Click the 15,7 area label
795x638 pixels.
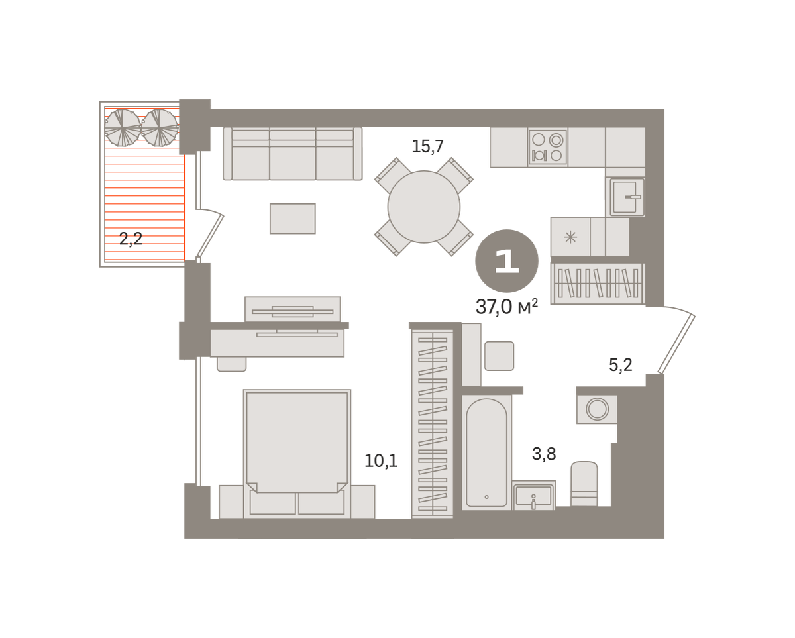pyautogui.click(x=427, y=146)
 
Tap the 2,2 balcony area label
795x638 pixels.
pyautogui.click(x=131, y=239)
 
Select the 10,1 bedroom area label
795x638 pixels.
pyautogui.click(x=381, y=461)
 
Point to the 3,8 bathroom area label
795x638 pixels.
pyautogui.click(x=544, y=454)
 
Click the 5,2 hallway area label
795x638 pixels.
pyautogui.click(x=621, y=365)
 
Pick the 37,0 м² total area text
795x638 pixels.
pyautogui.click(x=506, y=307)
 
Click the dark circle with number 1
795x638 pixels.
pyautogui.click(x=506, y=261)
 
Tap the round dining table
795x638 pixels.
pyautogui.click(x=424, y=207)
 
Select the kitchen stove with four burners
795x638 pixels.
pyautogui.click(x=547, y=147)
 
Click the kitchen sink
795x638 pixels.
pyautogui.click(x=625, y=197)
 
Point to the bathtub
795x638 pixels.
pyautogui.click(x=486, y=452)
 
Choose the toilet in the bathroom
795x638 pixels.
pyautogui.click(x=584, y=484)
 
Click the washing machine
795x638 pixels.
pyautogui.click(x=597, y=409)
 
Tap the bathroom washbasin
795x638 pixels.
pyautogui.click(x=533, y=496)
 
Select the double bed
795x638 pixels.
pyautogui.click(x=297, y=454)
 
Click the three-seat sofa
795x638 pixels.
pyautogui.click(x=293, y=154)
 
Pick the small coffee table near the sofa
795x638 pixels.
pyautogui.click(x=293, y=219)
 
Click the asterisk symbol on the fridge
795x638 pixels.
pyautogui.click(x=571, y=237)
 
